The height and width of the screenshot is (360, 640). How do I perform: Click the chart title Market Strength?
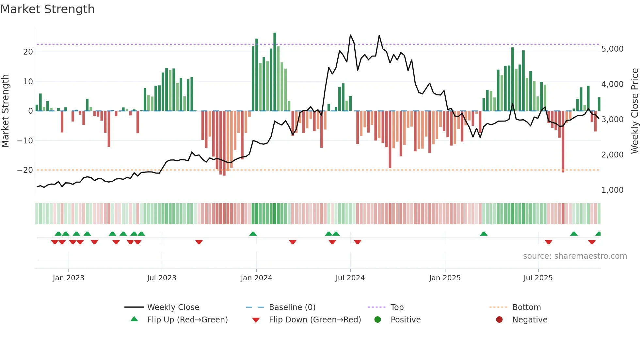(47, 9)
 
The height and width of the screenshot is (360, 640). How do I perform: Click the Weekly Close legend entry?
(173, 307)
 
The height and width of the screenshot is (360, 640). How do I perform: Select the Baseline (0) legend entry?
(292, 307)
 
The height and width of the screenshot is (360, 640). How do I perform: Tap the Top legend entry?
(397, 307)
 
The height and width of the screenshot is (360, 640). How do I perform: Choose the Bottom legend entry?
(526, 307)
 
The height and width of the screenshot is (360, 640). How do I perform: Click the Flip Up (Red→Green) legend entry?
(187, 319)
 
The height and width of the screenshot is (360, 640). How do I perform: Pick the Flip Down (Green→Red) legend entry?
(315, 319)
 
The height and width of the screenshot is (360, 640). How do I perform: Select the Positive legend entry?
(405, 319)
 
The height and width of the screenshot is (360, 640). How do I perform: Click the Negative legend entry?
(530, 319)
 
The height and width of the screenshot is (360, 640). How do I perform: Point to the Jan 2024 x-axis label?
(256, 278)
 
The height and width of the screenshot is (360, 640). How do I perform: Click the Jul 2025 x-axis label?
(538, 278)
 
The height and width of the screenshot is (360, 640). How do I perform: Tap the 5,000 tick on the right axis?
(612, 49)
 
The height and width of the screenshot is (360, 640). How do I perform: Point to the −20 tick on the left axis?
(25, 170)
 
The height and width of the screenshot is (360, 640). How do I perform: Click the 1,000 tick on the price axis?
(612, 190)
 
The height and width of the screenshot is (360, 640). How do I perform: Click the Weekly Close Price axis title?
(634, 111)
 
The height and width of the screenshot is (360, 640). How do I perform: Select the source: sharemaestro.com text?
(575, 256)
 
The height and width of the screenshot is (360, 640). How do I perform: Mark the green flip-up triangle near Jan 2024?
(253, 234)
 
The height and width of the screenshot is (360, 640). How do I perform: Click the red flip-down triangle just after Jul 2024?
(358, 242)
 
